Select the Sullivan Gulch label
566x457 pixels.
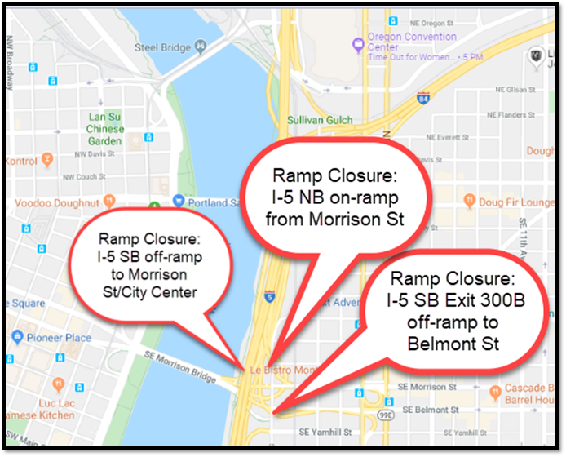click(x=320, y=120)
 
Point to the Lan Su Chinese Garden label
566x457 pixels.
click(x=106, y=129)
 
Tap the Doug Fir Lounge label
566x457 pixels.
click(x=515, y=202)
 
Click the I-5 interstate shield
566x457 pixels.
click(x=269, y=295)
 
